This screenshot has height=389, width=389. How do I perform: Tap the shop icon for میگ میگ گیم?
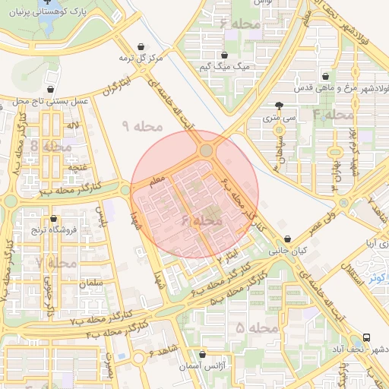[226, 55]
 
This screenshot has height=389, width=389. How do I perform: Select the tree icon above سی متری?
[279, 106]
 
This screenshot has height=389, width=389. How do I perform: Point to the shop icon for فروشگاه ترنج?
[52, 217]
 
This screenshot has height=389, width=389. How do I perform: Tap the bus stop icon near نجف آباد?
[368, 337]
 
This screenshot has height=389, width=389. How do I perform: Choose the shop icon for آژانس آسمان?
[201, 354]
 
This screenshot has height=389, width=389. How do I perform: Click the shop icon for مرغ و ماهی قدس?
[326, 76]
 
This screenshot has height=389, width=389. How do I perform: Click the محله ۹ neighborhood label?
[143, 125]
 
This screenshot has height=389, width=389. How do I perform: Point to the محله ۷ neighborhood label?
[56, 263]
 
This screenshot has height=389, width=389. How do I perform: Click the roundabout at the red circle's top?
[206, 151]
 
